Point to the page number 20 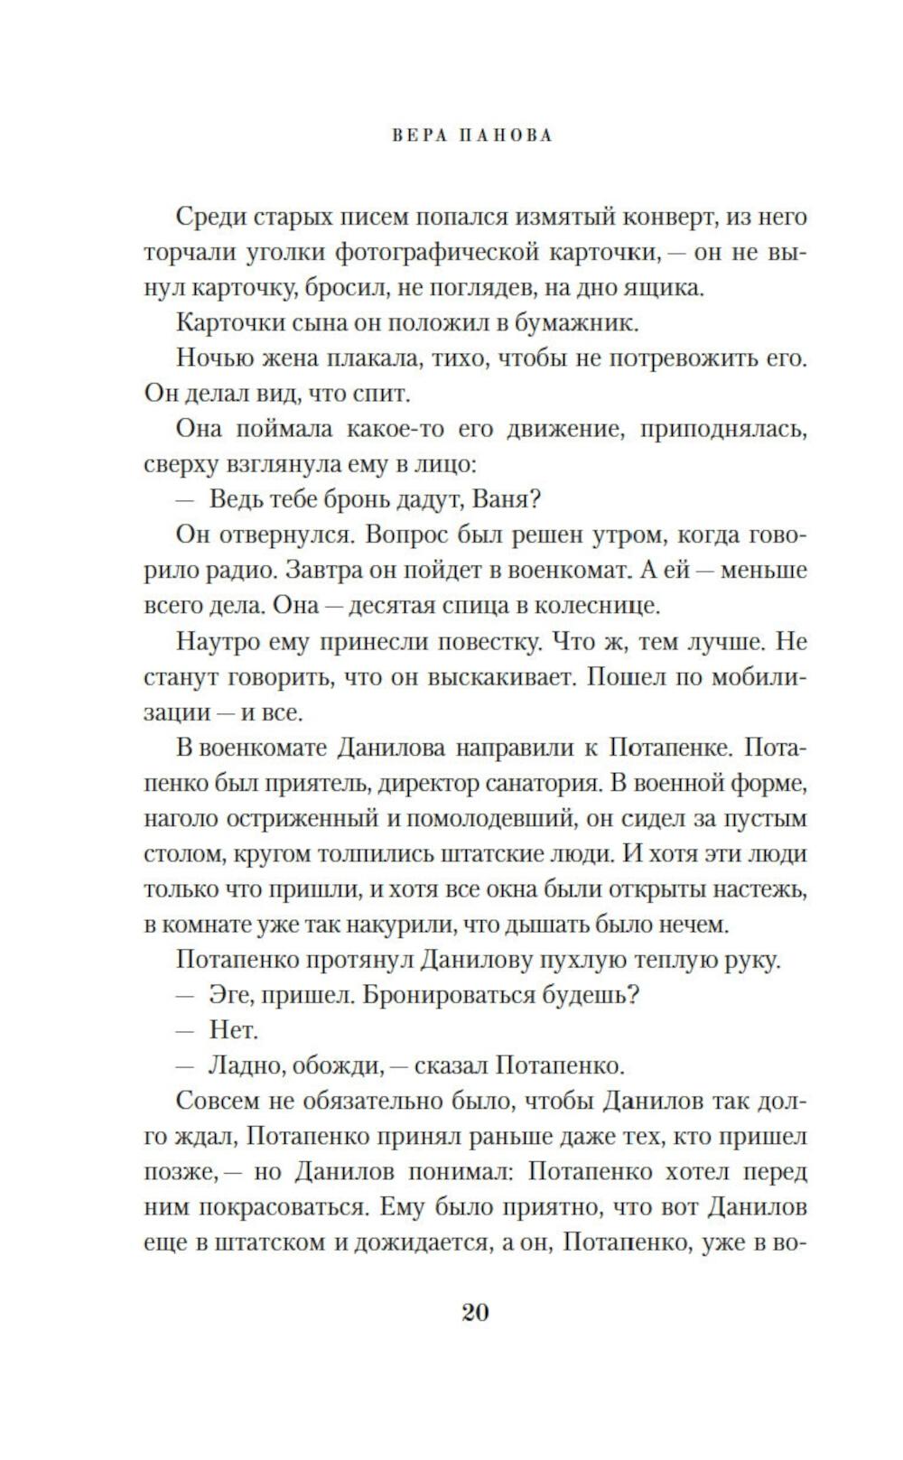pos(475,1312)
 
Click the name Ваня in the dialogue pos(504,499)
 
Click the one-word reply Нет pos(234,1030)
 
